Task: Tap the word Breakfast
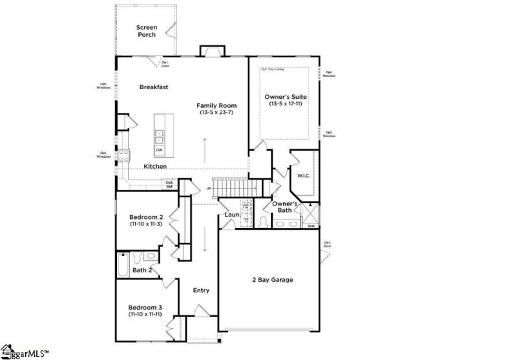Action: tap(154, 87)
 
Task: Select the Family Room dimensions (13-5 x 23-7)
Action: tap(216, 113)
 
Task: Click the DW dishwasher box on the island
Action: tap(159, 150)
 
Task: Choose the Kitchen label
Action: tap(155, 166)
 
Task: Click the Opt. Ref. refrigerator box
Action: tap(170, 184)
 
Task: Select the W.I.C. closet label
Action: tap(304, 175)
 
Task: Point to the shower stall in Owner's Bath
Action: tap(311, 213)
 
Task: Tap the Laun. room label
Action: tap(233, 214)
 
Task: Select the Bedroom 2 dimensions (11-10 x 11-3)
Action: tap(145, 224)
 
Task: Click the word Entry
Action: tap(201, 290)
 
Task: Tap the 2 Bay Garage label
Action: tap(272, 280)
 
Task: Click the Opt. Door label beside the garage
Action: tap(328, 244)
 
